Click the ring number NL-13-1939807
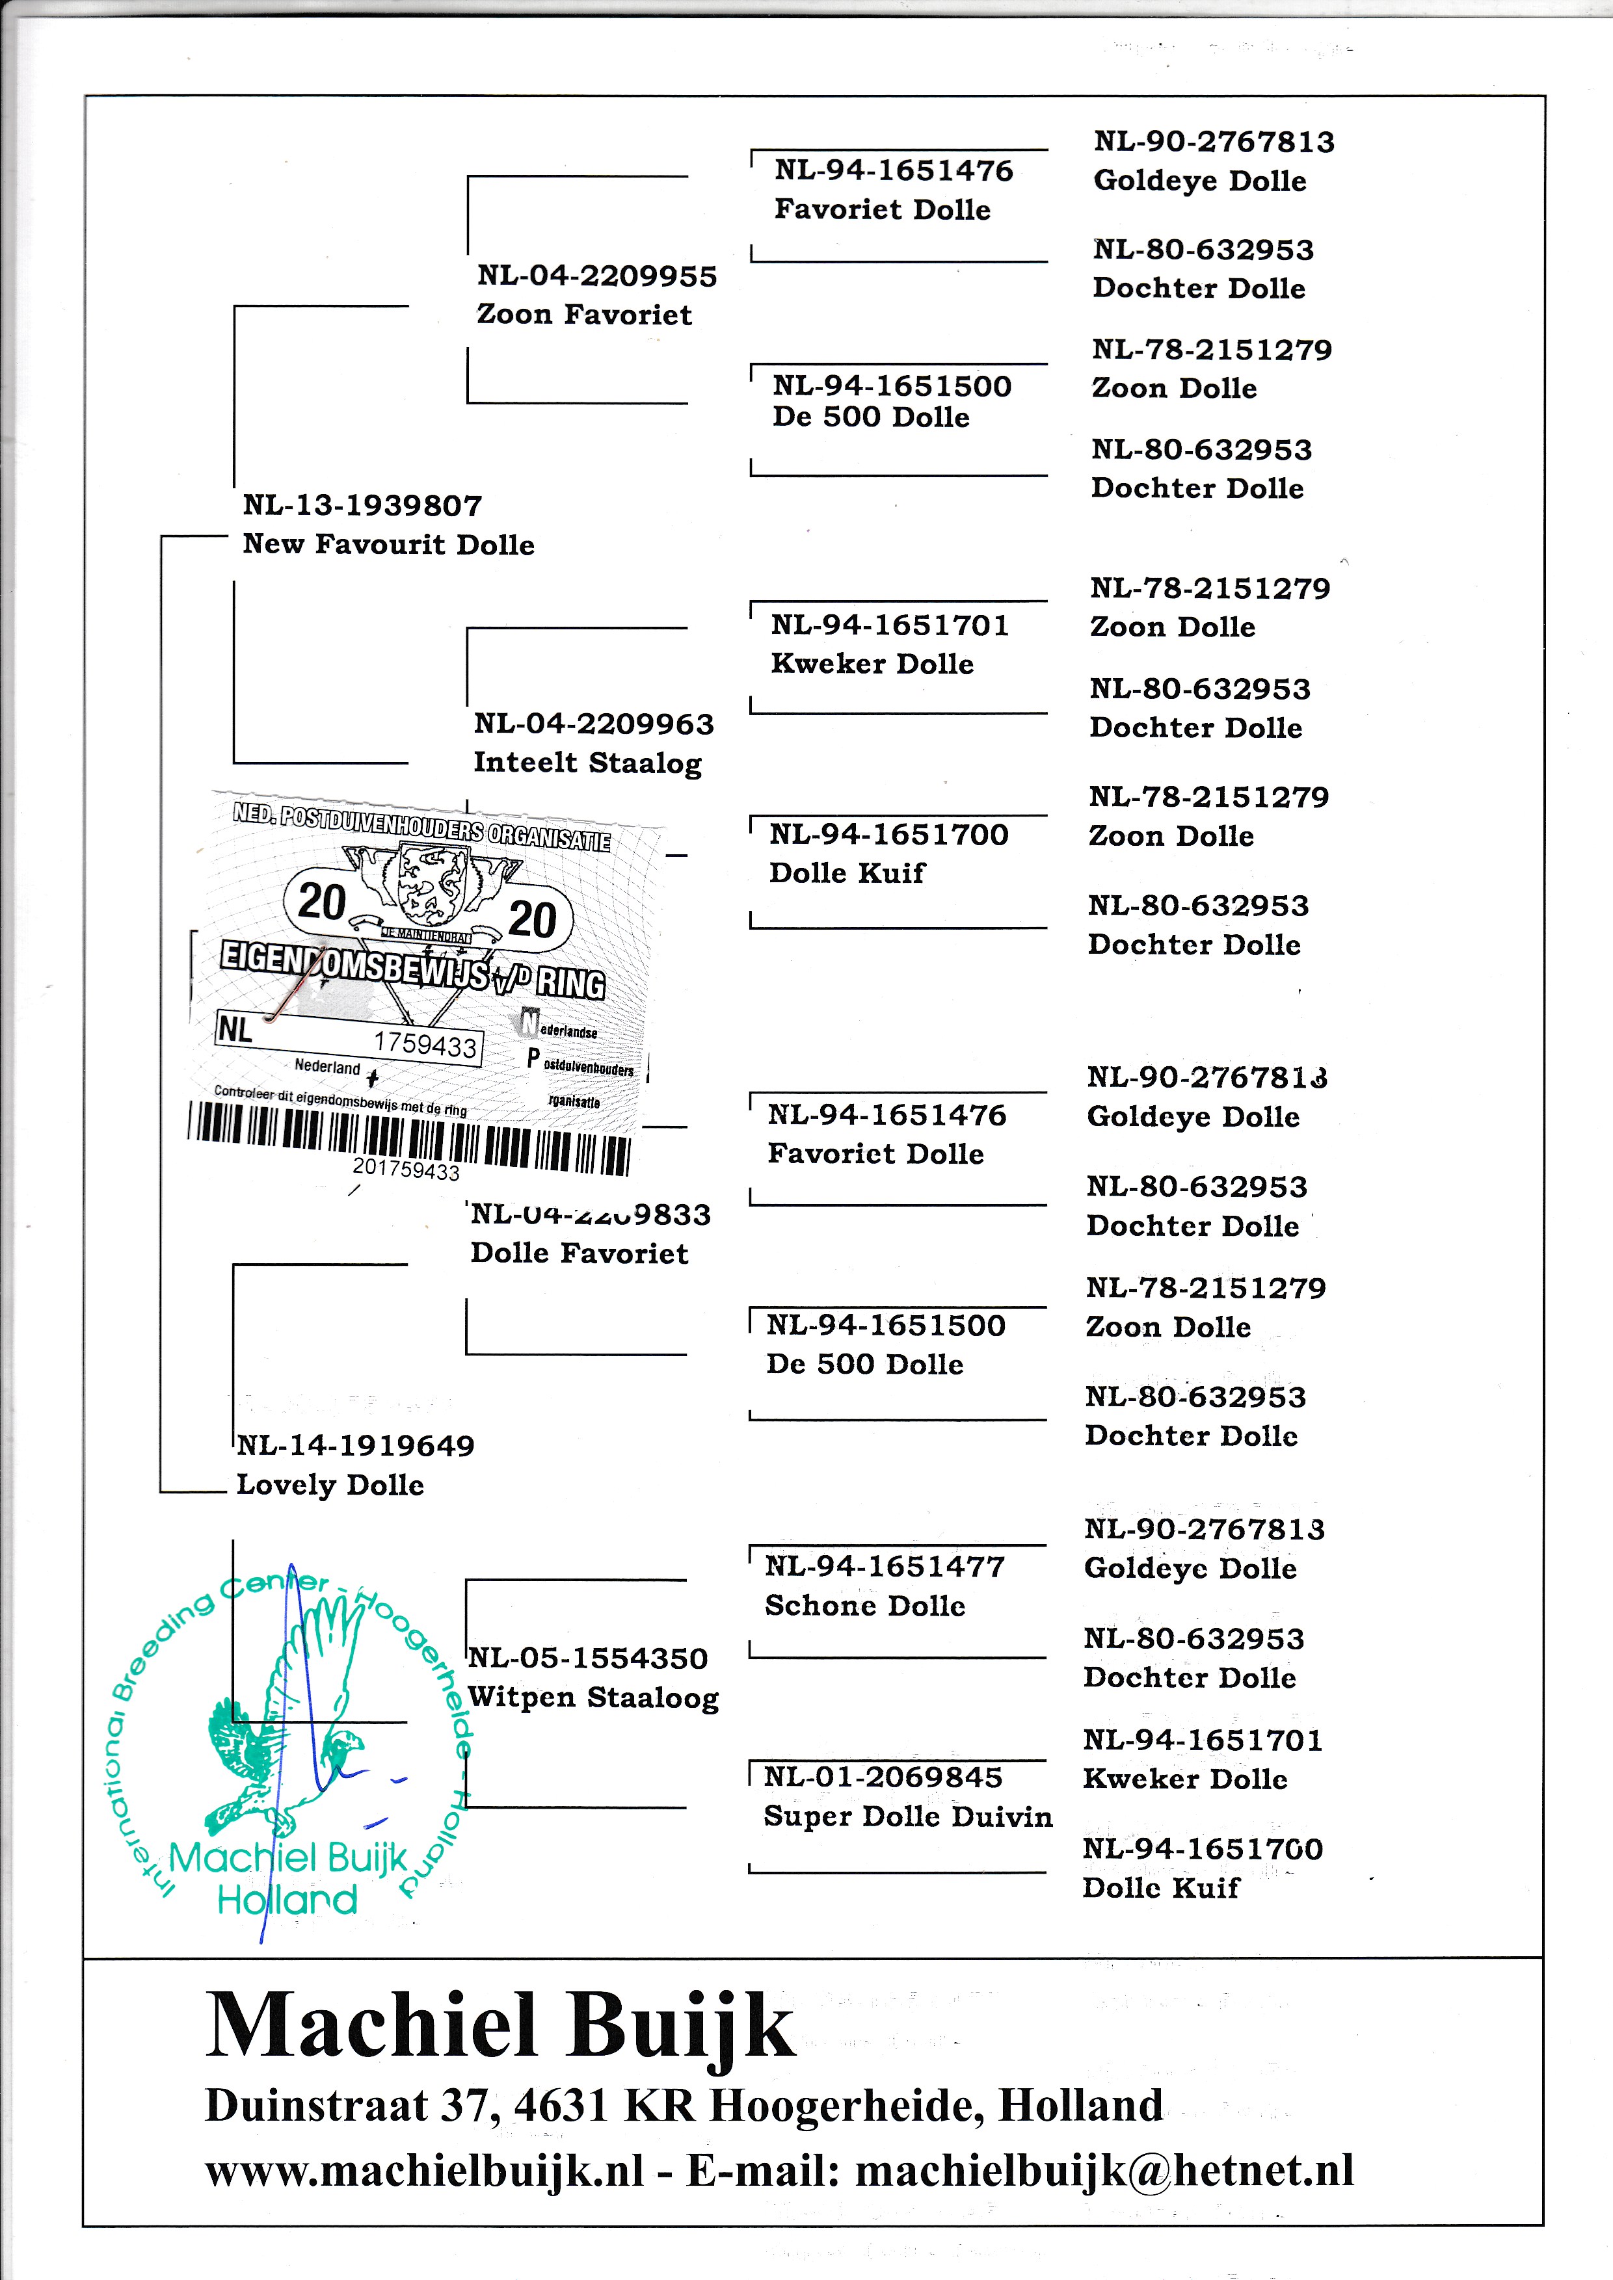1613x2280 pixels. pyautogui.click(x=362, y=505)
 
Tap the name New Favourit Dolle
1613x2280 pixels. pyautogui.click(x=388, y=544)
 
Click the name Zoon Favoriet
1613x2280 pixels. pyautogui.click(x=584, y=315)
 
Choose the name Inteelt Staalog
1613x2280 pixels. pyautogui.click(x=587, y=763)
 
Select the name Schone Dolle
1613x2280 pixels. pyautogui.click(x=864, y=1606)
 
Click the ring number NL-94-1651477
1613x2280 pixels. pyautogui.click(x=884, y=1567)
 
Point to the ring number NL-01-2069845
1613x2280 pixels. pyautogui.click(x=883, y=1777)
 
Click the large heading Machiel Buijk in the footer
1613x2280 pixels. pyautogui.click(x=500, y=2026)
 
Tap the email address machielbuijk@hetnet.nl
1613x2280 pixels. pyautogui.click(x=1104, y=2171)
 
